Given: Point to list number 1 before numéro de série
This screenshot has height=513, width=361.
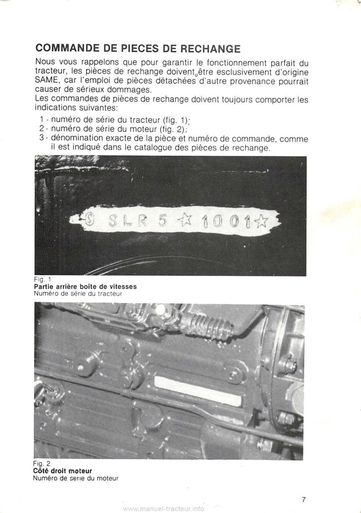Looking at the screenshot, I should [x=41, y=120].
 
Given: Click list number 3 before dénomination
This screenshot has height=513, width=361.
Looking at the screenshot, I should [x=41, y=139].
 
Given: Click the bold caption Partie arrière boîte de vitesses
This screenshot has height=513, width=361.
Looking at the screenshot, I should [x=85, y=286].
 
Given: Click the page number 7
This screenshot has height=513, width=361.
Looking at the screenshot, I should [x=304, y=499].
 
